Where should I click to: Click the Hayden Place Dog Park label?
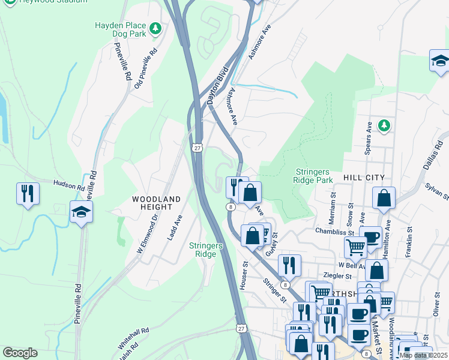(x=120, y=31)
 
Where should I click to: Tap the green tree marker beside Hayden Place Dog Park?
(x=155, y=28)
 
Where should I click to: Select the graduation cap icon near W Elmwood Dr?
(x=81, y=212)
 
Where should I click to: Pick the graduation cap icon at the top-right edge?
(x=440, y=61)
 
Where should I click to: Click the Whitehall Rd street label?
(x=134, y=339)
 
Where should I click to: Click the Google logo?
(x=20, y=353)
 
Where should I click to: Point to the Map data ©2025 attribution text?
(x=423, y=355)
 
